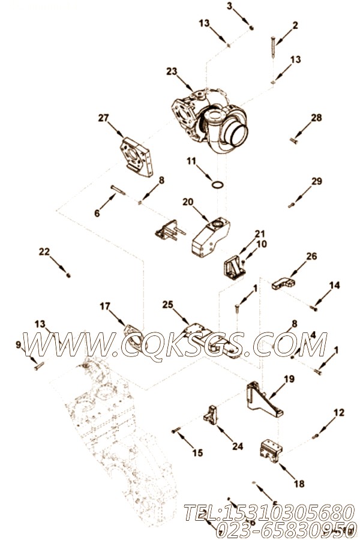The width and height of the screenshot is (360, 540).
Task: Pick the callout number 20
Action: coord(188,202)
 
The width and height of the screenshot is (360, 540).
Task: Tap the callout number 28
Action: coord(316,118)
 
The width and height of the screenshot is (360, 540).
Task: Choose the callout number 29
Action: coord(316,181)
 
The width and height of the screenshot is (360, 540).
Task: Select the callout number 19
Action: coord(289,379)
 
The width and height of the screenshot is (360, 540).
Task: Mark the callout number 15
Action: coord(197,452)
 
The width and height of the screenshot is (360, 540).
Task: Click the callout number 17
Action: coord(105,306)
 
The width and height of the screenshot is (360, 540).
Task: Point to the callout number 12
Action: coord(339,412)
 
